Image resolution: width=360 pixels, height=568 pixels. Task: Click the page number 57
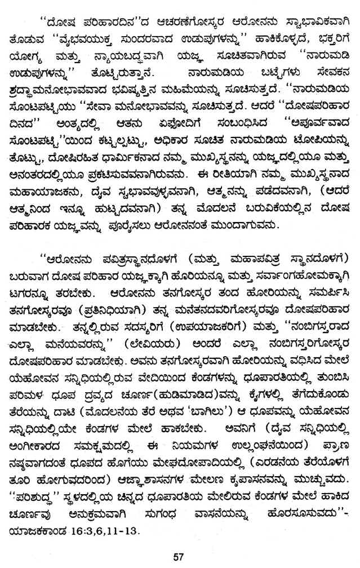coord(179,557)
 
